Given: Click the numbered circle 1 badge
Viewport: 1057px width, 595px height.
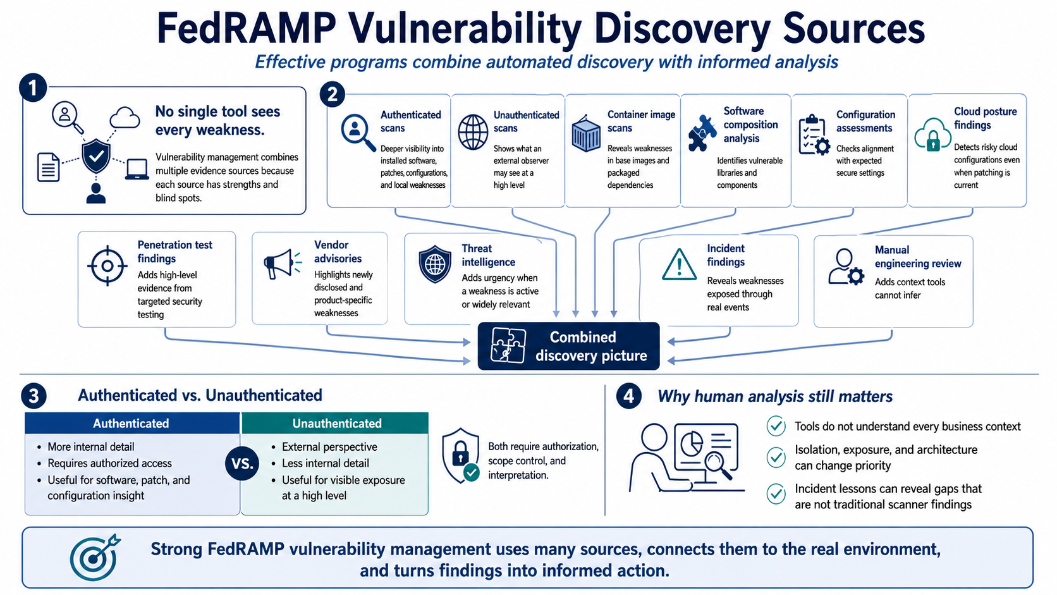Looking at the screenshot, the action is click(33, 88).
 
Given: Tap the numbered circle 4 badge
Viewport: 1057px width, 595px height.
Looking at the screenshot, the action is click(628, 396).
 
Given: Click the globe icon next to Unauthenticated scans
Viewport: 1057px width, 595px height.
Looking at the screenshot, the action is click(473, 132).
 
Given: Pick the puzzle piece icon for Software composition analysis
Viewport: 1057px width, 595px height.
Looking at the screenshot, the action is click(702, 133).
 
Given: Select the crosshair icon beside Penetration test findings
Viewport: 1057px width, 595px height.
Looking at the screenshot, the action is click(107, 266).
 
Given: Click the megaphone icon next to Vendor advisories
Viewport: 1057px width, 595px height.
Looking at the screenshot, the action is click(282, 264).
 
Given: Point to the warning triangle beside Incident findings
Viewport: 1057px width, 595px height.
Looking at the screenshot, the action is click(679, 264).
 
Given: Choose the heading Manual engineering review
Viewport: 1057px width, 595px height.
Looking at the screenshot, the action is click(918, 257).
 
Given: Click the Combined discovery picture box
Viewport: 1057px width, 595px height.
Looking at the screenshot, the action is click(568, 346).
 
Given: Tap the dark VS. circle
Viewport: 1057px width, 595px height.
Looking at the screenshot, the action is click(242, 464).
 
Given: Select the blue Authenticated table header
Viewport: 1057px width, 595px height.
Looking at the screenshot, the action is click(132, 423).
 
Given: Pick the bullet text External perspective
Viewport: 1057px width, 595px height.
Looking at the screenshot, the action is click(329, 447).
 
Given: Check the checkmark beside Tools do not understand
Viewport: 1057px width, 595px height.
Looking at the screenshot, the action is click(776, 426).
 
